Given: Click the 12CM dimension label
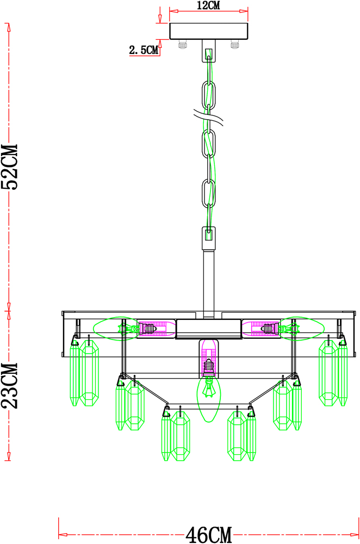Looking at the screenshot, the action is click(x=208, y=5).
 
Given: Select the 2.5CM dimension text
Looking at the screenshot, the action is click(x=144, y=50).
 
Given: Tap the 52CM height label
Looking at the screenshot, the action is click(x=10, y=166).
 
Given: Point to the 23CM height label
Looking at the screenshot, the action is click(x=10, y=386).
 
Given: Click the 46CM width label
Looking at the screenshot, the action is click(x=208, y=534).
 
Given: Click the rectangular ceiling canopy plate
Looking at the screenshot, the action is click(x=209, y=31).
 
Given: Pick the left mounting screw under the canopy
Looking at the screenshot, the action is click(x=182, y=45).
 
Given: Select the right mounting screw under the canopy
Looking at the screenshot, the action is click(x=235, y=45).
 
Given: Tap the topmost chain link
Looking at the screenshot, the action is click(x=208, y=94).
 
